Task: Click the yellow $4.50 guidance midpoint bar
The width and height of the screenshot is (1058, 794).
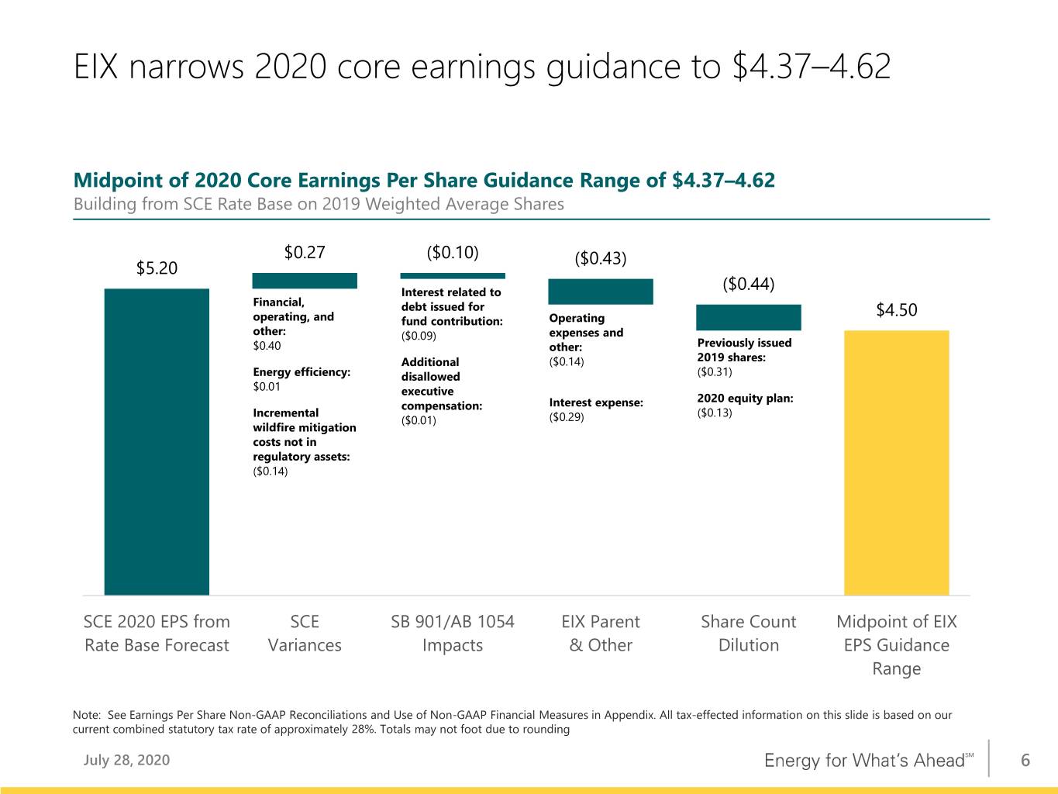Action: click(x=897, y=463)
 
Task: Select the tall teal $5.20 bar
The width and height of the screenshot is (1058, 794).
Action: click(x=157, y=442)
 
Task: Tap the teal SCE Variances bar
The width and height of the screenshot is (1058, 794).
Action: click(x=305, y=281)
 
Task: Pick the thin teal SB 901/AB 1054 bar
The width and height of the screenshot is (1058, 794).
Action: click(x=453, y=276)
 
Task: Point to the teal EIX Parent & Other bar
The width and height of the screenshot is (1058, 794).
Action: click(x=601, y=292)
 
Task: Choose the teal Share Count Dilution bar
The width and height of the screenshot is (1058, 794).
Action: click(x=749, y=318)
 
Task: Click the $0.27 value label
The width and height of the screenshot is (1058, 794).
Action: click(x=305, y=252)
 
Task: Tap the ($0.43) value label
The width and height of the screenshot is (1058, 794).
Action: click(x=601, y=258)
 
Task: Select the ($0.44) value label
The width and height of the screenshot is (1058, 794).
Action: click(x=749, y=284)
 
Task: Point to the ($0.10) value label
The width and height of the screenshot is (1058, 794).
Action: click(x=453, y=252)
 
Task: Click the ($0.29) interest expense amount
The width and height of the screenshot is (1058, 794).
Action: click(x=567, y=417)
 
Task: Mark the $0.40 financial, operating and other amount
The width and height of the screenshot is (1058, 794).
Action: click(x=267, y=346)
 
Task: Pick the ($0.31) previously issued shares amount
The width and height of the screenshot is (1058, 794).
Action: click(x=715, y=371)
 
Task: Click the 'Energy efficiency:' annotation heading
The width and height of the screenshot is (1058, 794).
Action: click(x=302, y=372)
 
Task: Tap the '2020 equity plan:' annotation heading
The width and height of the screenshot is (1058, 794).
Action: click(x=745, y=399)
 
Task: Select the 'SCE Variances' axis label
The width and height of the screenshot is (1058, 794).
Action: click(x=305, y=633)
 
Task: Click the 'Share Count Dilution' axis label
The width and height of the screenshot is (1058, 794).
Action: click(x=749, y=633)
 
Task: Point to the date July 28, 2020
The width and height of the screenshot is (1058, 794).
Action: click(x=126, y=760)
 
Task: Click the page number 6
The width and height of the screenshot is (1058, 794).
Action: click(x=1025, y=760)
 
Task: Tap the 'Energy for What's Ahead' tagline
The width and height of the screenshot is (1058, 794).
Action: click(x=869, y=760)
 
